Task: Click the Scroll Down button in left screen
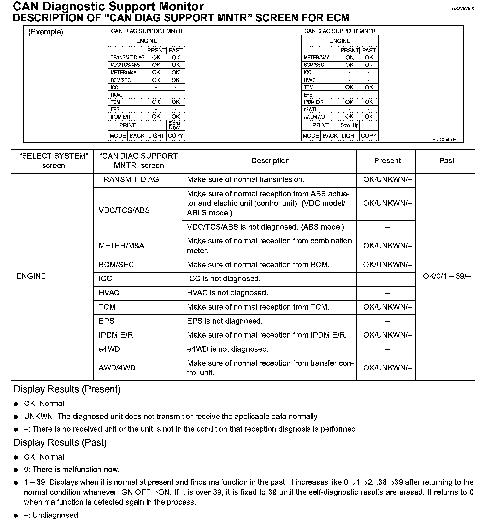click(176, 125)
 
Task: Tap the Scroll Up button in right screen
click(349, 125)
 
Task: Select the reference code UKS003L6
click(463, 9)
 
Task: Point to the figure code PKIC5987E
click(444, 139)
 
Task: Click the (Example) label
click(46, 32)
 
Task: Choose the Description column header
click(270, 161)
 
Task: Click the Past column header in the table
click(447, 161)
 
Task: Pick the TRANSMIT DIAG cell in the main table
click(129, 179)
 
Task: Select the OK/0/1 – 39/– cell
click(447, 276)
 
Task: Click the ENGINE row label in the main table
click(31, 276)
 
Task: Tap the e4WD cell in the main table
click(109, 349)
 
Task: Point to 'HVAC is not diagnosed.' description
click(227, 293)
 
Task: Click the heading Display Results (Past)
click(60, 442)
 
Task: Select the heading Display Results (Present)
click(67, 389)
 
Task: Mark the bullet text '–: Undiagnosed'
click(51, 515)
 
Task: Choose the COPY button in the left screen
click(176, 136)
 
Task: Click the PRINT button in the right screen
click(320, 125)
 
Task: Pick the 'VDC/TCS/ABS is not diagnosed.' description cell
click(265, 227)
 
